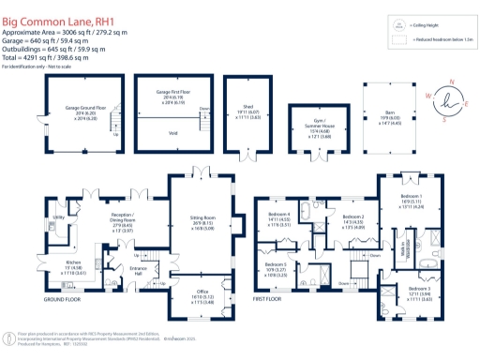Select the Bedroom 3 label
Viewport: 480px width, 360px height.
[x=416, y=289]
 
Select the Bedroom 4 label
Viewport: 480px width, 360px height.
[x=279, y=217]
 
